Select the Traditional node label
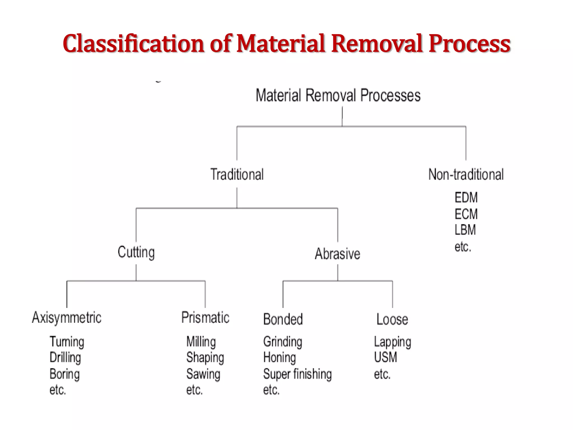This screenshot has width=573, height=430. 237,174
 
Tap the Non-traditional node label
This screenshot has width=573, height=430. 466,174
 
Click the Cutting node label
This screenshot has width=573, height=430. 136,252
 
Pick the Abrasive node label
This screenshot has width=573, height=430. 337,254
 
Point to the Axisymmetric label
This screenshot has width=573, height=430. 67,318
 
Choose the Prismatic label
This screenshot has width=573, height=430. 205,318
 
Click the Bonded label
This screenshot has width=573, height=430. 283,319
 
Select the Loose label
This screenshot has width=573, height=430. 392,319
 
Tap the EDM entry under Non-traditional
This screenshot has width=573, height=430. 466,198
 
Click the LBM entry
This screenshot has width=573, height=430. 465,230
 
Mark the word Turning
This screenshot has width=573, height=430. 67,342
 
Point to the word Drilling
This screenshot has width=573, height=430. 65,357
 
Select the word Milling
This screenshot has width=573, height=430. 201,342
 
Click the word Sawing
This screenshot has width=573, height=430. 203,374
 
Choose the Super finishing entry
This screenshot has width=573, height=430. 297,374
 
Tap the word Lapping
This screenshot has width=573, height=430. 392,342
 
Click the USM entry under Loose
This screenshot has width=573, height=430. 385,357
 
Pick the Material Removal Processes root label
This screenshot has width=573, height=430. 338,95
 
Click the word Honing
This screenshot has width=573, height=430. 279,357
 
